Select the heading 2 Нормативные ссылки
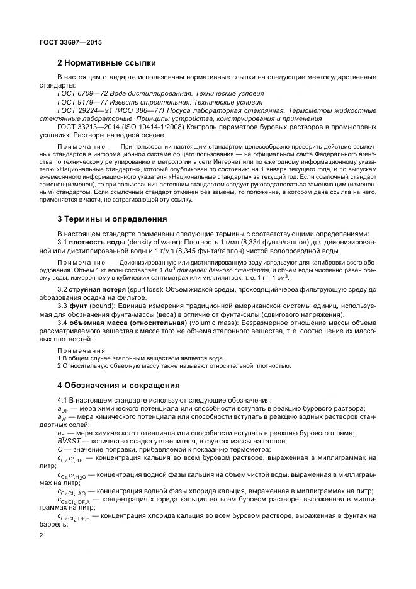pyautogui.click(x=106, y=63)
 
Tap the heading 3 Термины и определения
pyautogui.click(x=111, y=219)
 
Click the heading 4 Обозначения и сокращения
pyautogui.click(x=118, y=385)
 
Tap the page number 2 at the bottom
pyautogui.click(x=41, y=535)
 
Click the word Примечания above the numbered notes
pyautogui.click(x=77, y=350)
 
